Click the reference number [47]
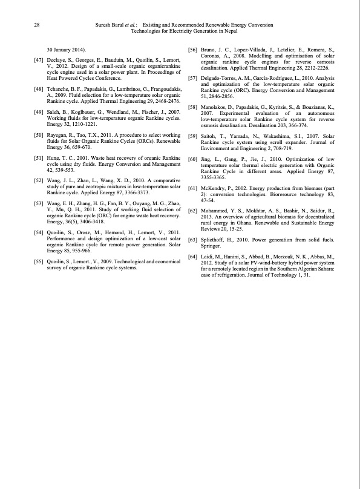click(x=38, y=61)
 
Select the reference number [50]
click(x=38, y=134)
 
